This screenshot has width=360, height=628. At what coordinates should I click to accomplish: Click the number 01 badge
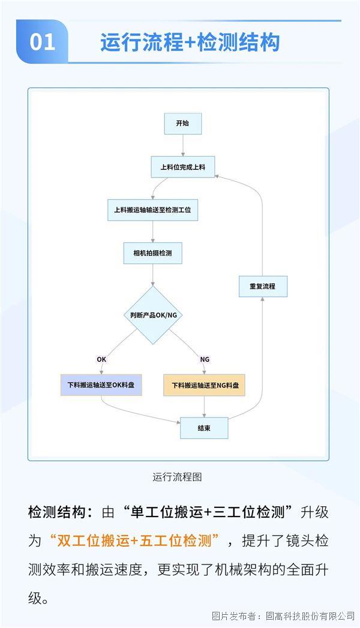click(42, 42)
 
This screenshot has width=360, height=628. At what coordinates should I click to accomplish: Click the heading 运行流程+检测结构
click(190, 43)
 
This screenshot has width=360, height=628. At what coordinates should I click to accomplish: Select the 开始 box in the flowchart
click(182, 124)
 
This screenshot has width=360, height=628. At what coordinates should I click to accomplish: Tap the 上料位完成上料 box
click(182, 167)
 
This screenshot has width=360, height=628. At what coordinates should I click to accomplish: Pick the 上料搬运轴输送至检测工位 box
click(152, 211)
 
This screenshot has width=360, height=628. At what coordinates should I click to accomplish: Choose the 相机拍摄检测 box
click(152, 254)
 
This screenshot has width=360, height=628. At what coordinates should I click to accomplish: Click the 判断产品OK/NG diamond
click(153, 315)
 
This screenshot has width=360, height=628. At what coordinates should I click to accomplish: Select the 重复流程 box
click(263, 286)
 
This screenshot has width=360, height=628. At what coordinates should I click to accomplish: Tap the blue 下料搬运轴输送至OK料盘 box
click(101, 385)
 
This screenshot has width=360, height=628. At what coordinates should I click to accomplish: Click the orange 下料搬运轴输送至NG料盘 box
click(205, 385)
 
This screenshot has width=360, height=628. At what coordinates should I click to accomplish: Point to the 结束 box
click(204, 428)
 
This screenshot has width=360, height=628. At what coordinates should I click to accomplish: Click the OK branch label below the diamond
click(101, 359)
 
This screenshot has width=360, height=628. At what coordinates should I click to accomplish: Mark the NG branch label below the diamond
click(205, 359)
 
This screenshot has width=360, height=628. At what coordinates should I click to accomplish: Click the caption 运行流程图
click(177, 477)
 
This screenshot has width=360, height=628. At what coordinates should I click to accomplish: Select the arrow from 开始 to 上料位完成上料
click(182, 146)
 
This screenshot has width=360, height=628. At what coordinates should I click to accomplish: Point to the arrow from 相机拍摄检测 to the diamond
click(152, 275)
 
